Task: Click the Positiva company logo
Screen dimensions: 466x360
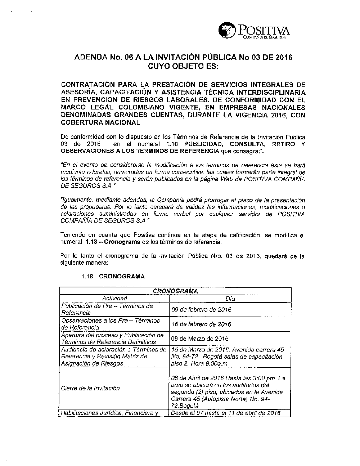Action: click(254, 31)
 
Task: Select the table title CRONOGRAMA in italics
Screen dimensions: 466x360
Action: click(175, 291)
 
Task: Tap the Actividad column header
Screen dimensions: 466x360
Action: click(114, 299)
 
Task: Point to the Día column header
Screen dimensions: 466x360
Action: click(230, 299)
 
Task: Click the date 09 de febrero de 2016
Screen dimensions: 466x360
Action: click(202, 310)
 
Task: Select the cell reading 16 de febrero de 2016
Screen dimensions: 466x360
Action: click(202, 324)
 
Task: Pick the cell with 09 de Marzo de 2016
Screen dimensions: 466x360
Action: click(200, 339)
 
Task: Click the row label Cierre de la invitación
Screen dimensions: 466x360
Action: click(90, 388)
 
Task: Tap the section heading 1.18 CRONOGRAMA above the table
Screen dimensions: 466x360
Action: click(113, 277)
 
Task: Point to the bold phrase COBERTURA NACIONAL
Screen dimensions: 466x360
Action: click(100, 122)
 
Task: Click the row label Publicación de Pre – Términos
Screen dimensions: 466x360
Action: click(107, 306)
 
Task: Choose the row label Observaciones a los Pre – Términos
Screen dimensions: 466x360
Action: click(111, 321)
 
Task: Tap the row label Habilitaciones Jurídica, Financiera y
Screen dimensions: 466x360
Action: click(110, 413)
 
